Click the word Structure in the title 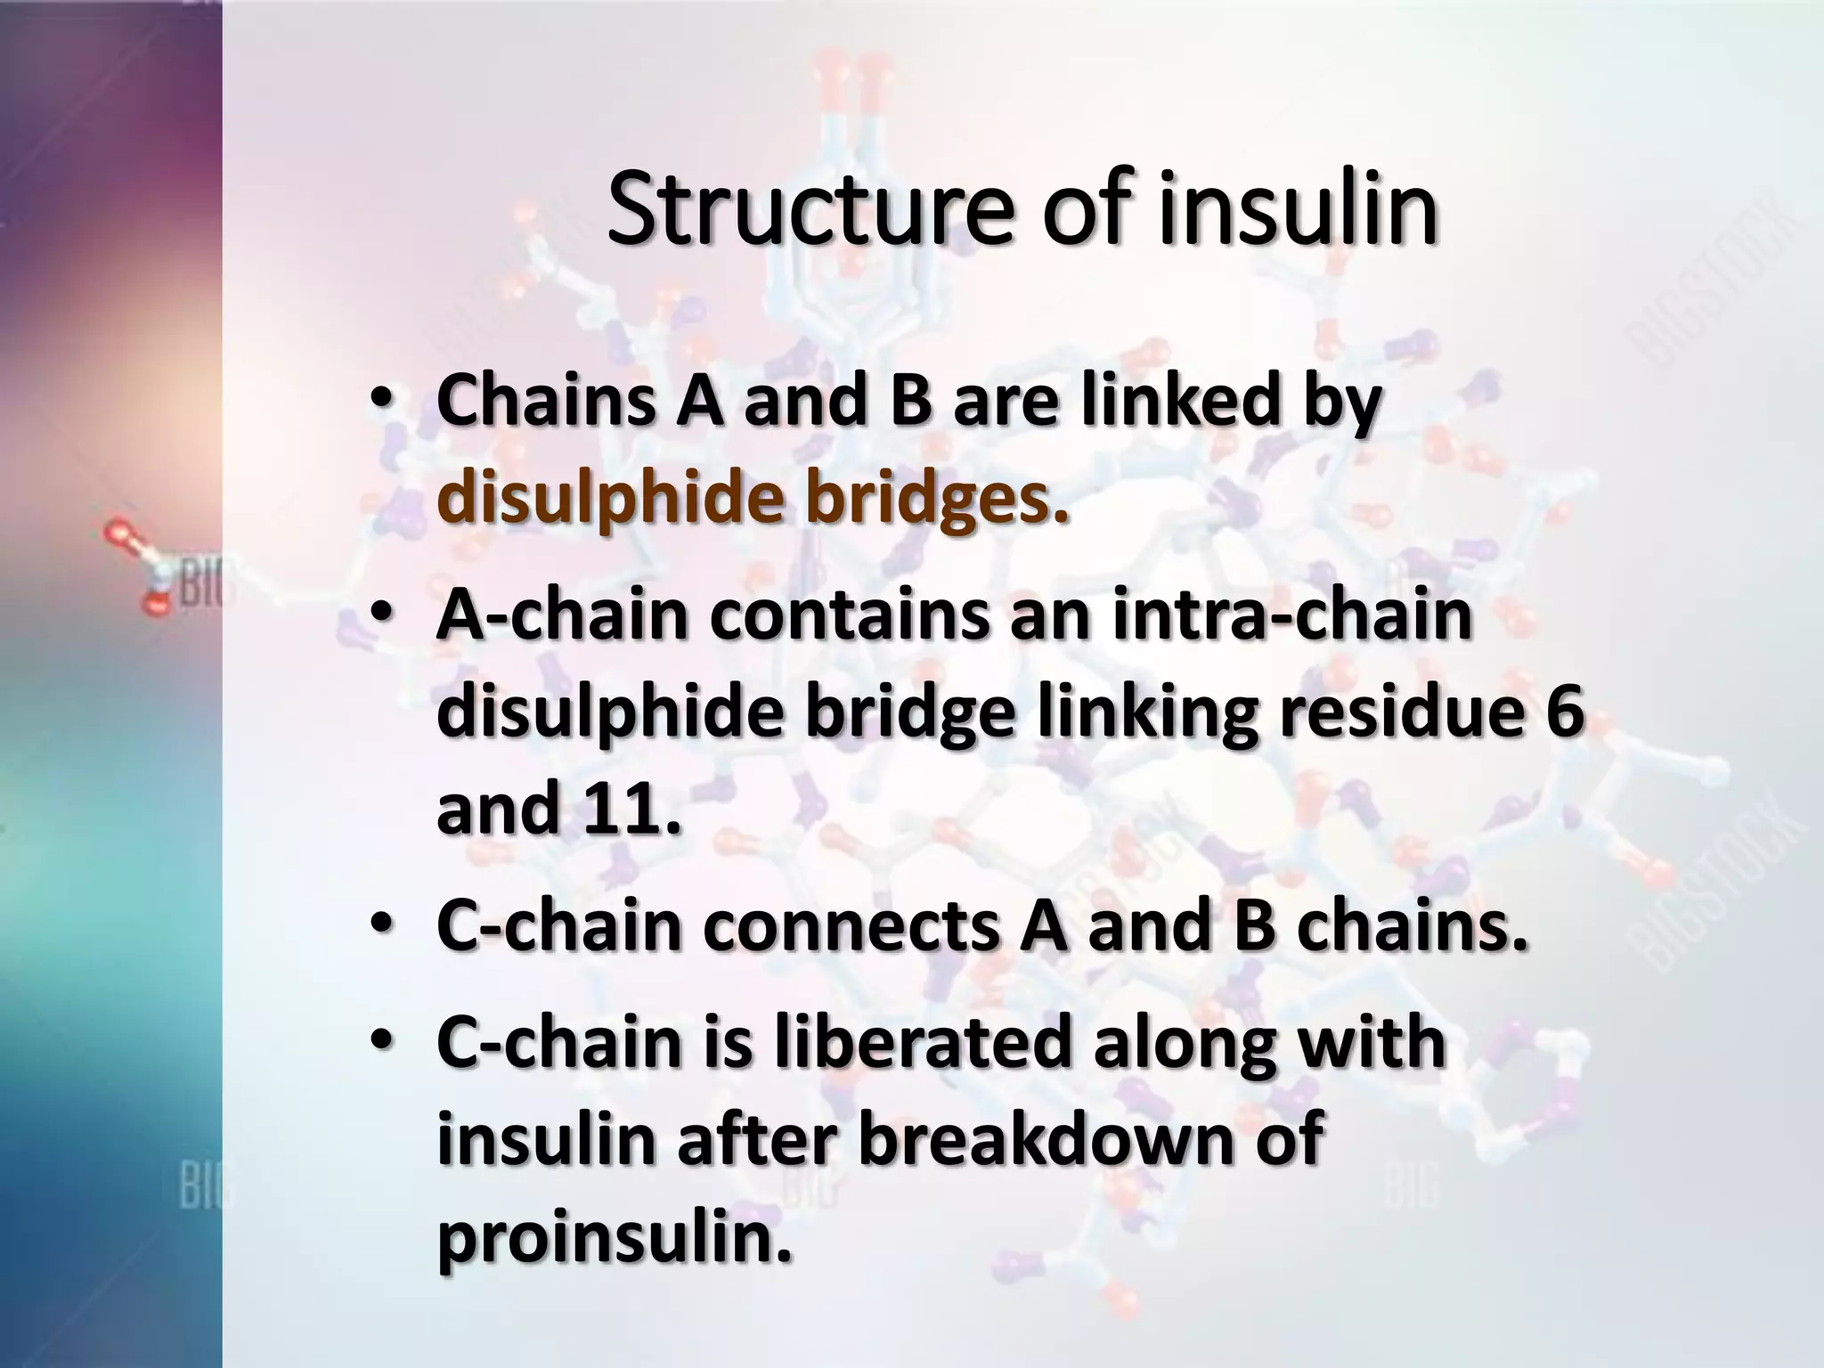click(809, 210)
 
